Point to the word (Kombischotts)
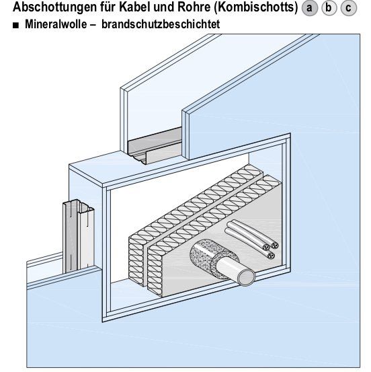[x=256, y=7]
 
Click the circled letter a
[x=309, y=8]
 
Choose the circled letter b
[x=329, y=8]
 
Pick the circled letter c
[x=348, y=8]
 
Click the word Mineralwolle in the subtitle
[x=56, y=24]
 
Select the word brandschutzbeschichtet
[x=161, y=24]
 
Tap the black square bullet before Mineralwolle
[x=15, y=26]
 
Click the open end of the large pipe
[x=247, y=278]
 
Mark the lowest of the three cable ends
[x=271, y=256]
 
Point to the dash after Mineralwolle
[x=93, y=24]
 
